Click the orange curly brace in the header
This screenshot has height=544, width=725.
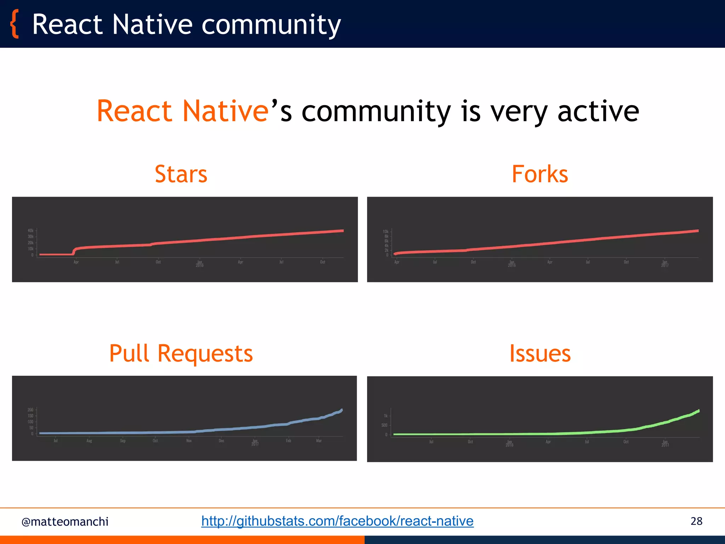(14, 24)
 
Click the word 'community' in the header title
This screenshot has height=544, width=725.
(271, 25)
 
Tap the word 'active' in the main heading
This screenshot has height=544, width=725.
(598, 111)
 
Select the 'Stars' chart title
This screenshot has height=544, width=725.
(181, 174)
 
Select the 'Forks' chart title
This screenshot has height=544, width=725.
(540, 174)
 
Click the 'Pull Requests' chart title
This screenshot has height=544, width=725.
(181, 353)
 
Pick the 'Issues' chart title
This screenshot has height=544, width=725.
(540, 353)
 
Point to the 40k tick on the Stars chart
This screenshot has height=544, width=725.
(31, 231)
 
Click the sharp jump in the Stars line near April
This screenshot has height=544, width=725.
(74, 251)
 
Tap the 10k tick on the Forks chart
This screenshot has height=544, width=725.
(386, 231)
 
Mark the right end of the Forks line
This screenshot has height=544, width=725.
(697, 231)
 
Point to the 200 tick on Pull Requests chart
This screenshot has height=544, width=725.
(30, 410)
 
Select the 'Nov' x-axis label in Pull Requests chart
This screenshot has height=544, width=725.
(189, 441)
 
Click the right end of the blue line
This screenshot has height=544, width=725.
(341, 410)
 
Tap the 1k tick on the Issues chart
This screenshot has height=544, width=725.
(386, 416)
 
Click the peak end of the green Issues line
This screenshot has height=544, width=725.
(698, 411)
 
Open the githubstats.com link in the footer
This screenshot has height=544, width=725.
(337, 521)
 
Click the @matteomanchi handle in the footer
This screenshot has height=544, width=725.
(65, 522)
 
